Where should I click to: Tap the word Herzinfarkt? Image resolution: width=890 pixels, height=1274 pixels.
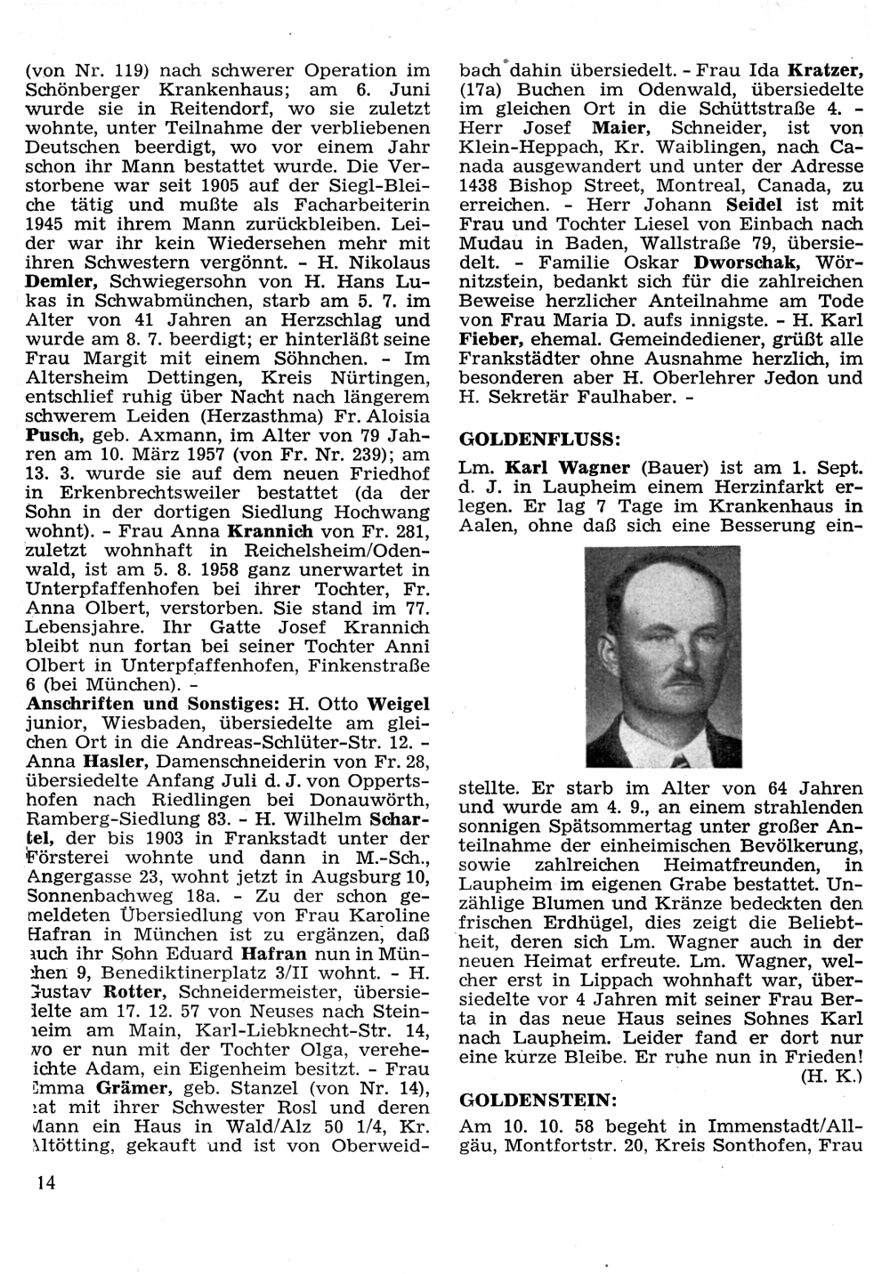(x=756, y=488)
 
